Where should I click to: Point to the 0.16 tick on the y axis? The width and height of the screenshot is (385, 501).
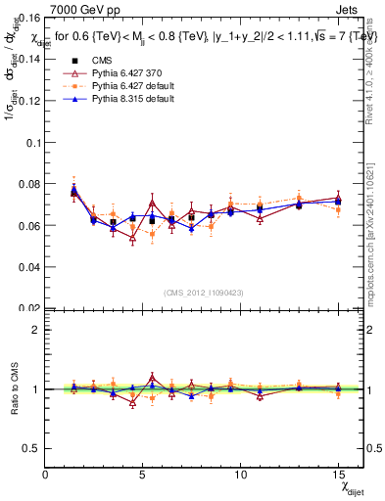(29, 17)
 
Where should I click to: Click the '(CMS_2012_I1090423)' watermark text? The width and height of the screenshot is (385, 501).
(204, 292)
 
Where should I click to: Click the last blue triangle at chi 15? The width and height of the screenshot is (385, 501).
(338, 202)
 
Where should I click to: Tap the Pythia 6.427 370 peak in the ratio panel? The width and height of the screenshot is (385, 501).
(152, 378)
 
